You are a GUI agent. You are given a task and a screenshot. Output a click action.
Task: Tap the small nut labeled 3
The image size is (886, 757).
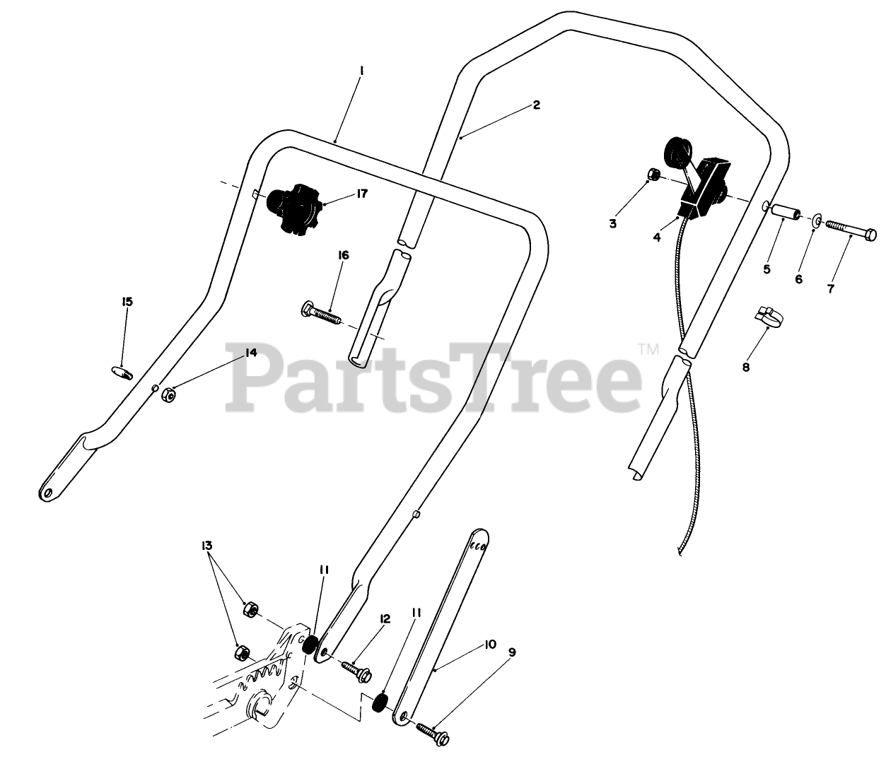tap(655, 175)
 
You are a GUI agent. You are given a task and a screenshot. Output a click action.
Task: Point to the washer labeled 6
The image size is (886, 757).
tap(816, 222)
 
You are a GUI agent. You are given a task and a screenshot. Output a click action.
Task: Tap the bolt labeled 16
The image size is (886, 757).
tap(320, 310)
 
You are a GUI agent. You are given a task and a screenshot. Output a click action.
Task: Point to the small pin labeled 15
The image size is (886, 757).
tap(122, 372)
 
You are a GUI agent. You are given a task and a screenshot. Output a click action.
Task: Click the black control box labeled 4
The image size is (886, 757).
tap(703, 186)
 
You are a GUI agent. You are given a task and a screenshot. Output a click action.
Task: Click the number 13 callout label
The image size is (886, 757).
tap(206, 546)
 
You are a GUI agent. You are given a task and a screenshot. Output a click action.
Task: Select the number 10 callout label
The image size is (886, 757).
tap(490, 644)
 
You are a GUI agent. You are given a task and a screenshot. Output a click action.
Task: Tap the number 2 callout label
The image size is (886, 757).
tap(537, 105)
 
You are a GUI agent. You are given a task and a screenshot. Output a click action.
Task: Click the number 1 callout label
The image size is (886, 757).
tap(361, 70)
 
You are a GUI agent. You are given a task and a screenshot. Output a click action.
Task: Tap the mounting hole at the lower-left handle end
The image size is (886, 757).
tap(47, 492)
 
